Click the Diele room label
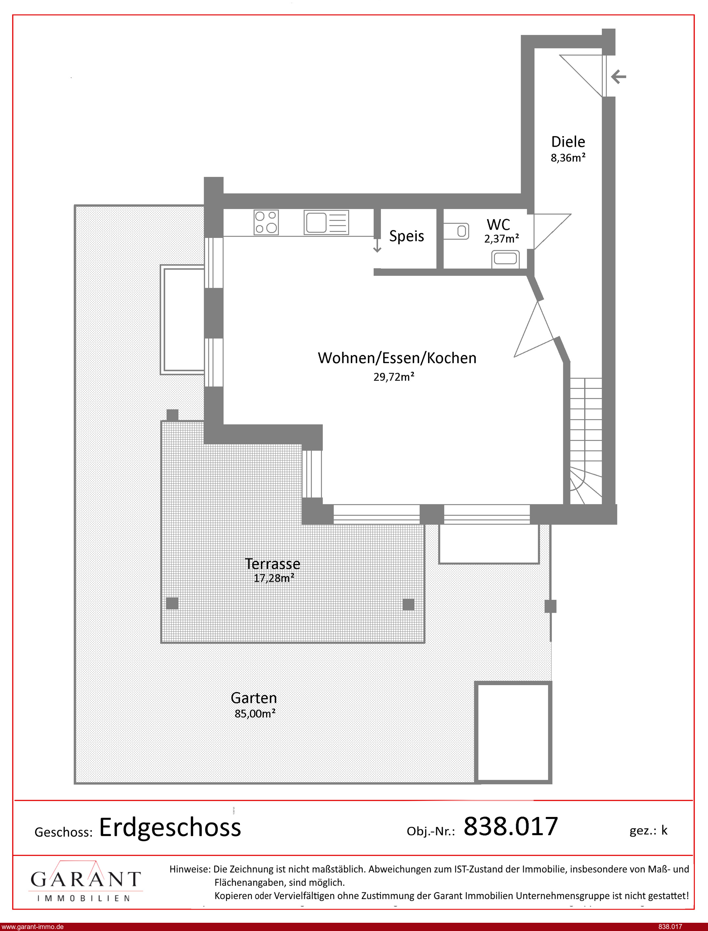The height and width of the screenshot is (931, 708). tap(568, 142)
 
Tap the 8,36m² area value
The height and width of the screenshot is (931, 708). tap(568, 158)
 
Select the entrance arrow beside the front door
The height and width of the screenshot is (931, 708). tap(618, 77)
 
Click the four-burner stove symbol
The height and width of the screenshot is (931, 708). tap(266, 222)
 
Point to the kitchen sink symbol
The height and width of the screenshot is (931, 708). tap(326, 222)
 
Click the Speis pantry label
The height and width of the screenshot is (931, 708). tap(406, 236)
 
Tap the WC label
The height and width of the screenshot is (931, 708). tap(498, 224)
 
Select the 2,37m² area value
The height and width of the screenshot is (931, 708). tap(502, 239)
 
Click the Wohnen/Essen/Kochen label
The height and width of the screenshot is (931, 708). tap(397, 358)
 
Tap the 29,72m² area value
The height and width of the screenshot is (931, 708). tap(394, 376)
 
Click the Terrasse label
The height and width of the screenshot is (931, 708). tap(273, 564)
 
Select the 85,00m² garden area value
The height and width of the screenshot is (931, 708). tap(255, 713)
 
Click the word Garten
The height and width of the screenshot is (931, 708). tap(254, 698)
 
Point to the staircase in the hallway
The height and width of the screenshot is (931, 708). tap(586, 441)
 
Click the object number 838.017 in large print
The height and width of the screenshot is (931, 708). tap(511, 826)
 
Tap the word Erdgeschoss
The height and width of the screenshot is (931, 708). tap(170, 828)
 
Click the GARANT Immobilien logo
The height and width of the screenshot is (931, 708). tap(85, 881)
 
